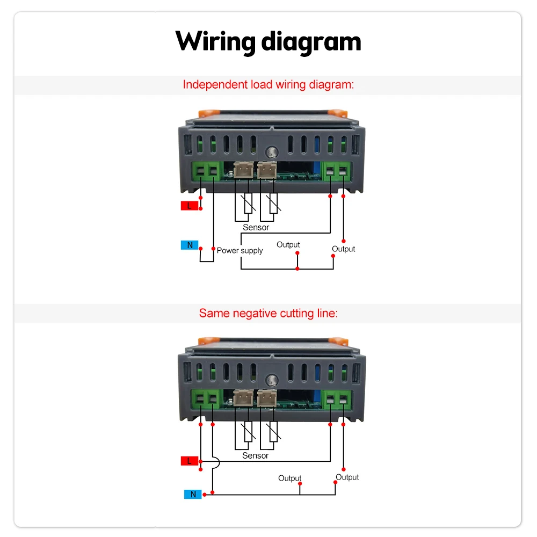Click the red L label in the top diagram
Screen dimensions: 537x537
coord(190,206)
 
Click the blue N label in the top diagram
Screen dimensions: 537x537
coord(190,245)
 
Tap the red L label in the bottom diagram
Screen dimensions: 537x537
coord(190,461)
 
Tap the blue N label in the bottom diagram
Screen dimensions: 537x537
coord(193,494)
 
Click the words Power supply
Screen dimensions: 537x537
coord(240,251)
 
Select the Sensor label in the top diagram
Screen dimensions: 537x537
coord(256,227)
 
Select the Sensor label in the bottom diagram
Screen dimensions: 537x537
coord(255,455)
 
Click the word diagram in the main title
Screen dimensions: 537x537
coord(311,42)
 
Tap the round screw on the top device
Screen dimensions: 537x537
coord(272,152)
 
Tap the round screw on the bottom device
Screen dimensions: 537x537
coord(272,380)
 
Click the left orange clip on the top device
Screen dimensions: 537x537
coord(209,113)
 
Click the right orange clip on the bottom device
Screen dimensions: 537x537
coord(338,341)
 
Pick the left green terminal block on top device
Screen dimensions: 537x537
coord(207,171)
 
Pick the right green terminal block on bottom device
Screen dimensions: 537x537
coord(337,400)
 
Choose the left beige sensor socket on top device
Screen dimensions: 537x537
coord(243,170)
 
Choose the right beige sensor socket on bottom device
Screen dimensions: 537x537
coord(267,398)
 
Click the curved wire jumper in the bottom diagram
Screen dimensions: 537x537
coord(216,463)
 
